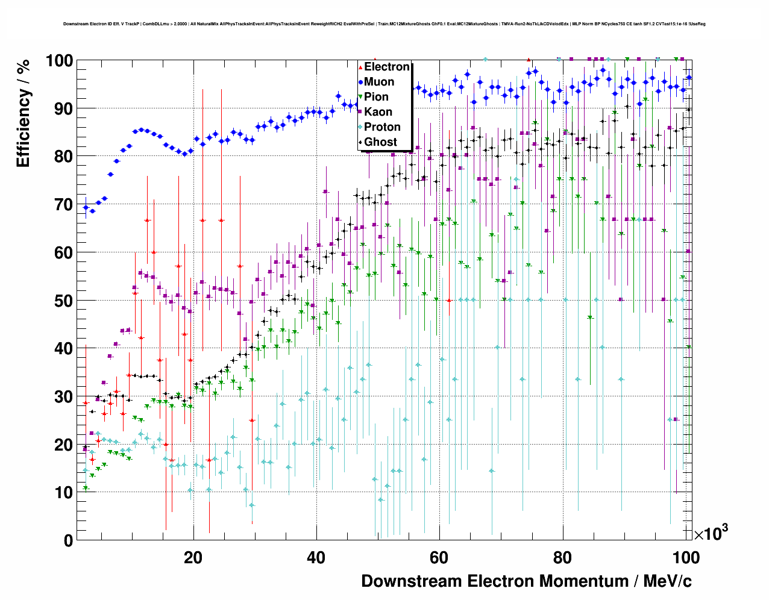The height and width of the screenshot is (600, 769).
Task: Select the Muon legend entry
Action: [x=378, y=82]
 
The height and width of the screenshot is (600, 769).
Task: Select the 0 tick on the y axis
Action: [x=68, y=540]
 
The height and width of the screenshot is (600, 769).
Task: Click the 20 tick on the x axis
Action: [x=193, y=557]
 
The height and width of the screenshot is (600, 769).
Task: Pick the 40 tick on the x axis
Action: [x=316, y=557]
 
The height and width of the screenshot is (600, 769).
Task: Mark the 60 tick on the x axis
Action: [x=439, y=557]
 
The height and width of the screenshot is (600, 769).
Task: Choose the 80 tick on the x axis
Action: [x=562, y=557]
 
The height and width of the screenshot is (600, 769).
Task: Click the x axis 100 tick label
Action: [x=686, y=557]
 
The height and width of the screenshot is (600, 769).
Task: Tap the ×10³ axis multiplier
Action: [x=711, y=533]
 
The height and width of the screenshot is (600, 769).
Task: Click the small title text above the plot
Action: [x=384, y=24]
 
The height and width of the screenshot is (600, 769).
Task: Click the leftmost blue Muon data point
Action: [x=86, y=208]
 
